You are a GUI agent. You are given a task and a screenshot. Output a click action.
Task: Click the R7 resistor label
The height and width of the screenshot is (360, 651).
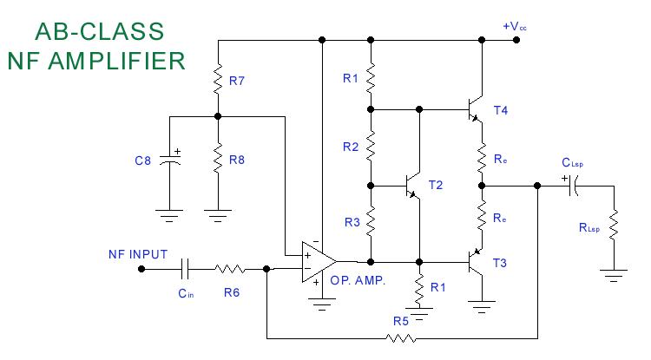[x=237, y=81]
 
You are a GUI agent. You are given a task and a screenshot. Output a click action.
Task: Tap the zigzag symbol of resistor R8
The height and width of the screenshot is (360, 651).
[x=218, y=158]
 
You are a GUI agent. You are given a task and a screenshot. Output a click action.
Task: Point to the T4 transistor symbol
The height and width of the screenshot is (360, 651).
[x=476, y=109]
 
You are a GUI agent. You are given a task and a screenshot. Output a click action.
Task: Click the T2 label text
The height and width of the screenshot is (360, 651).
[x=436, y=185]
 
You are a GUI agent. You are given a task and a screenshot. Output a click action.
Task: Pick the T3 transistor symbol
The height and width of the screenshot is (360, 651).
[x=476, y=262]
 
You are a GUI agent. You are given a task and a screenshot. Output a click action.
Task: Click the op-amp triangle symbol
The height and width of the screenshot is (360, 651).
[x=319, y=262]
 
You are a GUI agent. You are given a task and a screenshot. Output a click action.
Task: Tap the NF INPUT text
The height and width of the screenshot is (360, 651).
[x=138, y=254]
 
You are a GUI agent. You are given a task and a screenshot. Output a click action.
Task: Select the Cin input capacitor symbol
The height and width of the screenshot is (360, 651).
[x=185, y=269]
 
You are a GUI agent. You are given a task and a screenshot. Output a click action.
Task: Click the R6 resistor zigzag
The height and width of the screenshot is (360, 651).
[x=230, y=269]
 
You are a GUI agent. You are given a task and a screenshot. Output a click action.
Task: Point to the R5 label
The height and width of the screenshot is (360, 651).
[x=401, y=321]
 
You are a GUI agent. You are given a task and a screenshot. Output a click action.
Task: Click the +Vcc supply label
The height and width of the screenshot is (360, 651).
[x=515, y=27]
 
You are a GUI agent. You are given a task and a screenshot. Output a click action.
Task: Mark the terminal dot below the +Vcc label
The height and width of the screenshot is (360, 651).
[x=516, y=40]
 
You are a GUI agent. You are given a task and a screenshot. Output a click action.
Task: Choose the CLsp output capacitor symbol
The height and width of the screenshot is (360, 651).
[x=574, y=186]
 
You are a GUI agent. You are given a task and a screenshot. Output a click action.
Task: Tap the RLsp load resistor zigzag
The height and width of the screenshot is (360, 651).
[x=614, y=226]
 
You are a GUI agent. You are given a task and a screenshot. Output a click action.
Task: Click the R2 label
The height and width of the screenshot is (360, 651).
[x=351, y=147]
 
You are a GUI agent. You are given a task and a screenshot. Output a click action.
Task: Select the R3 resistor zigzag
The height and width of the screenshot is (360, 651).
[x=371, y=221]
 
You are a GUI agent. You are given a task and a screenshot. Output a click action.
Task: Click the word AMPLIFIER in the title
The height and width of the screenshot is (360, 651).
[x=117, y=61]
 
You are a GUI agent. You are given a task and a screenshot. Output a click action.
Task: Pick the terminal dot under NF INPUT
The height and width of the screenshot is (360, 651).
[x=141, y=269]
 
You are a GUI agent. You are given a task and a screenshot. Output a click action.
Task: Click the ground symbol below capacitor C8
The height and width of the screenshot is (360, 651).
[x=169, y=216]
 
